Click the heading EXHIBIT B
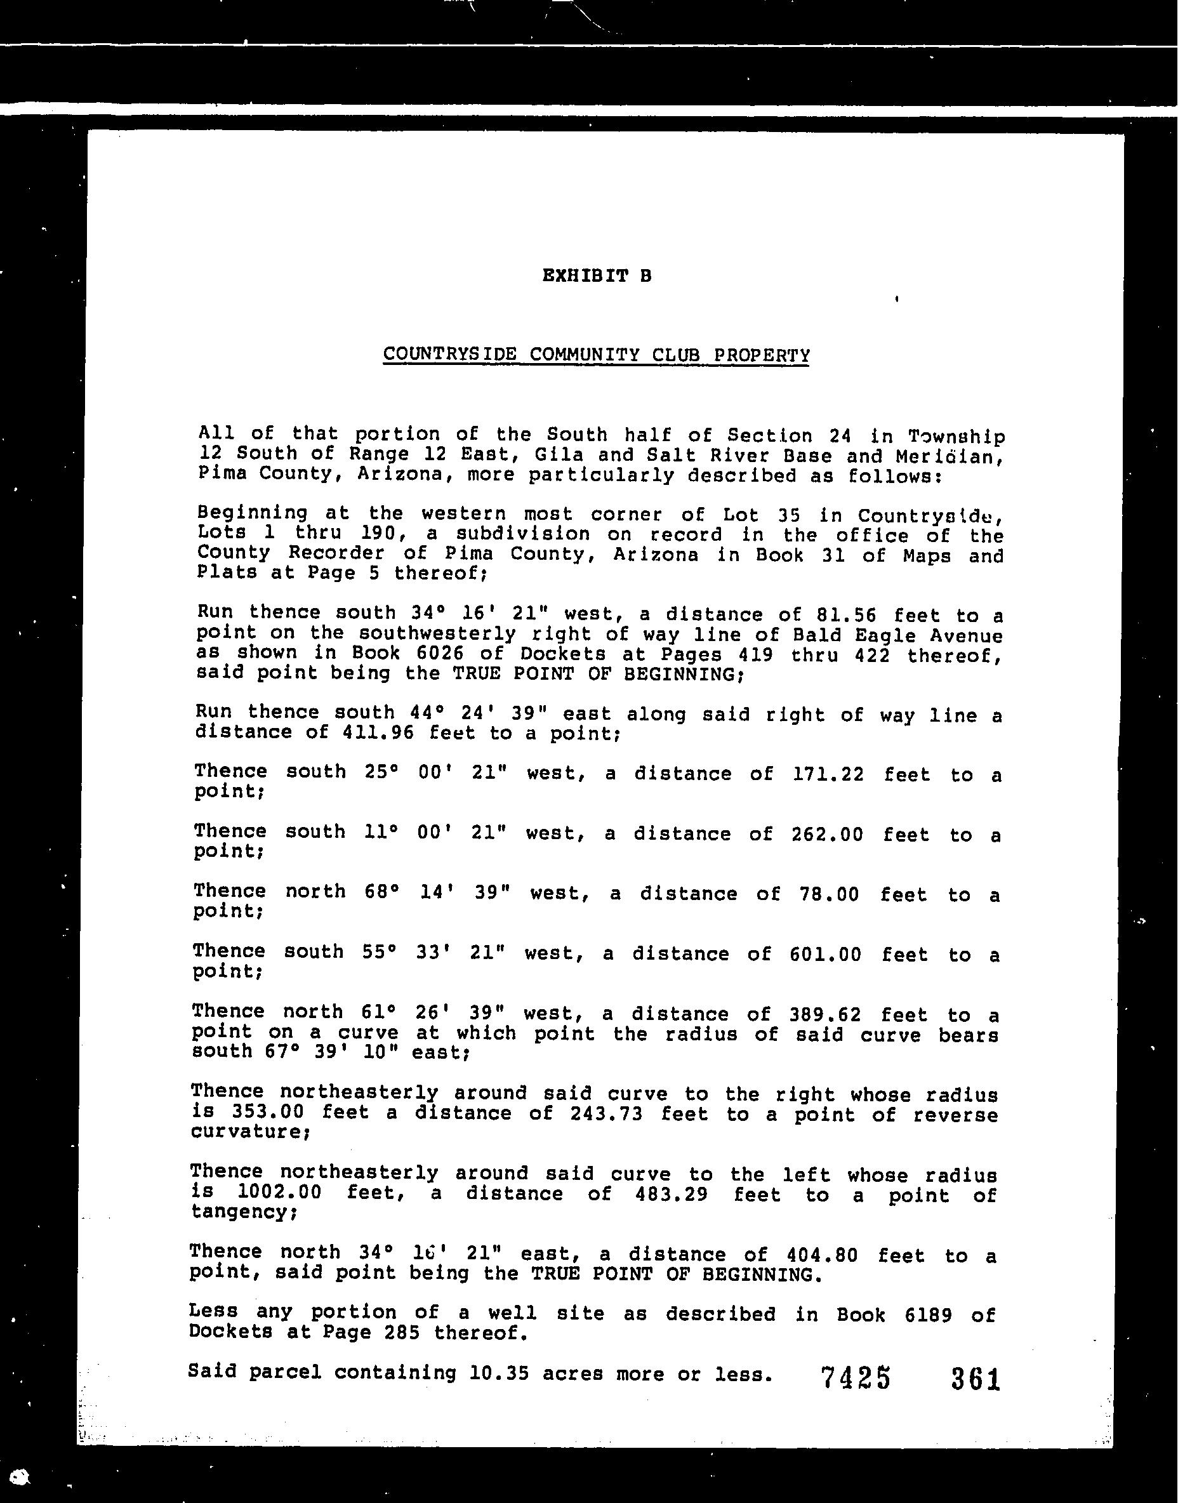597,276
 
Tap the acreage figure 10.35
499,1373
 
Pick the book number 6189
928,1314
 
